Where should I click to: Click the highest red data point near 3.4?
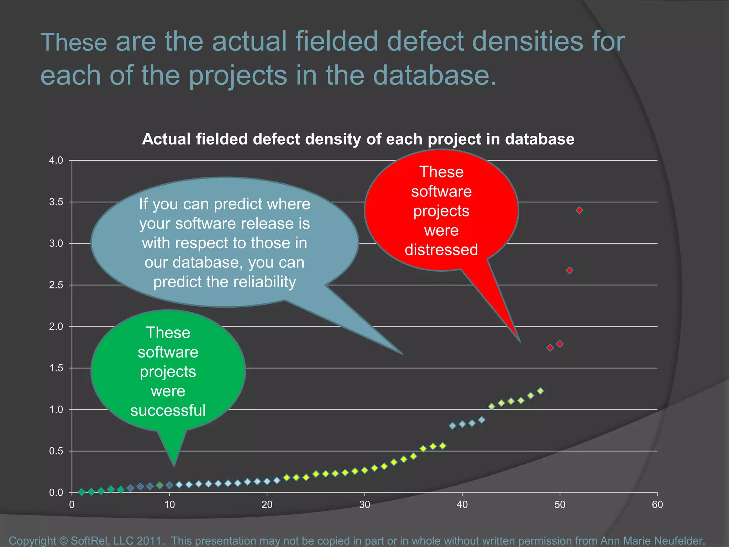579,210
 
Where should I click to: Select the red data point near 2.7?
570,271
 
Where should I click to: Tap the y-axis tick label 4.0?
56,160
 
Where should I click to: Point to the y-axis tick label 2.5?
56,285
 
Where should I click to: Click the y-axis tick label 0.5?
56,451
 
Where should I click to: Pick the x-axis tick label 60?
657,504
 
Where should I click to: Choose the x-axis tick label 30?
364,504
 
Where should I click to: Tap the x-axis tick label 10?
169,504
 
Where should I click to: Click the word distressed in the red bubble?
441,250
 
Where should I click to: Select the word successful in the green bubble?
168,410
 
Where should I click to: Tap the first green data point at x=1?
82,492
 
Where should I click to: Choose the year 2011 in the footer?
149,541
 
